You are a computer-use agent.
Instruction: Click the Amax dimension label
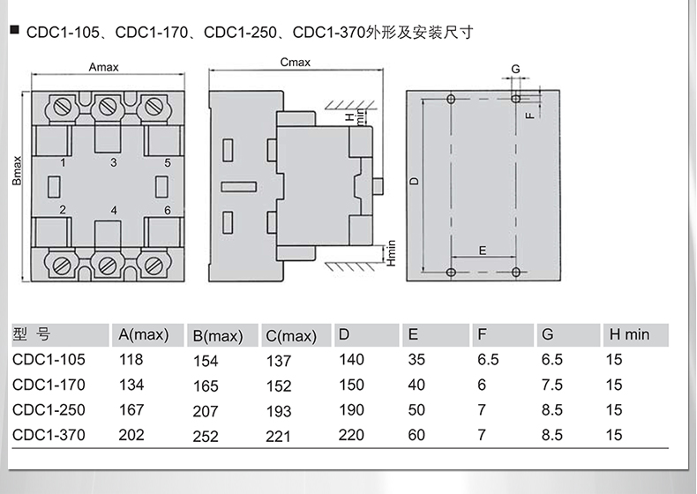coord(104,67)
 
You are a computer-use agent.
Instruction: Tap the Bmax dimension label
coord(17,169)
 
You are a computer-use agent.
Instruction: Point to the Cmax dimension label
coord(295,63)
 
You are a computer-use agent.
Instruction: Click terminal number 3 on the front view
coord(113,163)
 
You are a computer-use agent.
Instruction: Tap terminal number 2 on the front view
coord(63,210)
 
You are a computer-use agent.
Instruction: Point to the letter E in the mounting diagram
coord(483,251)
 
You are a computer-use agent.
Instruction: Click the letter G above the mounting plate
coord(515,69)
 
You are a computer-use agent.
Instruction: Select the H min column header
coord(627,335)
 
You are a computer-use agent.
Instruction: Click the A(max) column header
coord(143,335)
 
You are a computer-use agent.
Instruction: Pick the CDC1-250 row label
coord(49,410)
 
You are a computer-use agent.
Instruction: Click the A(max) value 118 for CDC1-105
coord(131,360)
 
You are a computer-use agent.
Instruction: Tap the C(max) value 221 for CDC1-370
coord(278,436)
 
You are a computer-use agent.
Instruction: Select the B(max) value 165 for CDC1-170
coord(205,385)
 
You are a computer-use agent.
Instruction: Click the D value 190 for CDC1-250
coord(351,410)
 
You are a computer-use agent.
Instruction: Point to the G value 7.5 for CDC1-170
coord(551,385)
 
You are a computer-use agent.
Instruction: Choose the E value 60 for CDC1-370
coord(416,436)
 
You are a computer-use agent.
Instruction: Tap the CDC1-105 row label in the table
coord(49,360)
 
